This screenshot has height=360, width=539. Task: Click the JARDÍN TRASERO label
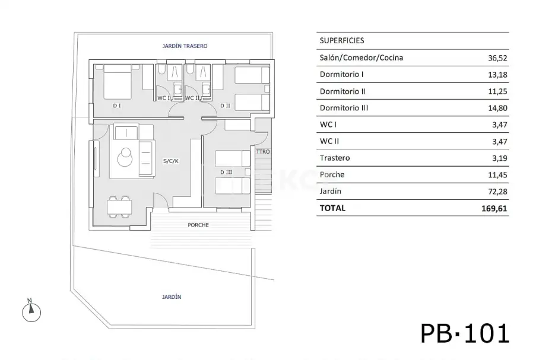[185, 46]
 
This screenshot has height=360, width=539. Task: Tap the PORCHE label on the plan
[198, 225]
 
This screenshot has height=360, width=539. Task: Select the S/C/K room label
[171, 161]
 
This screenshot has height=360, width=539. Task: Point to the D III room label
[226, 172]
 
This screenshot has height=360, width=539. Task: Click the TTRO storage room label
[263, 151]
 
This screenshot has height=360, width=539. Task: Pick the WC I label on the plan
[164, 98]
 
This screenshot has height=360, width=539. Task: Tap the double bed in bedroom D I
[117, 82]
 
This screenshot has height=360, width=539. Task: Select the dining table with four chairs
[119, 207]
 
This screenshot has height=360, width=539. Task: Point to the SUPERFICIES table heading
[342, 40]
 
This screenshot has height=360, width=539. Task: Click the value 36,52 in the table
[497, 58]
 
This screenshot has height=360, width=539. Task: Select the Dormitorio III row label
[344, 108]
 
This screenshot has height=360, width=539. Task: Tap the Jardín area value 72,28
[497, 192]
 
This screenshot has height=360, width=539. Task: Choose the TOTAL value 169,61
[494, 209]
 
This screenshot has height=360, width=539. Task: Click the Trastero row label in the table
[335, 158]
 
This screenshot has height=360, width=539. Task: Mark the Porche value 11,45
[497, 175]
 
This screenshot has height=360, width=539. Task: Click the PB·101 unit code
[465, 333]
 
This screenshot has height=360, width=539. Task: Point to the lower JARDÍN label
[172, 297]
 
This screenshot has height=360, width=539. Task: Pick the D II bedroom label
[225, 106]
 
